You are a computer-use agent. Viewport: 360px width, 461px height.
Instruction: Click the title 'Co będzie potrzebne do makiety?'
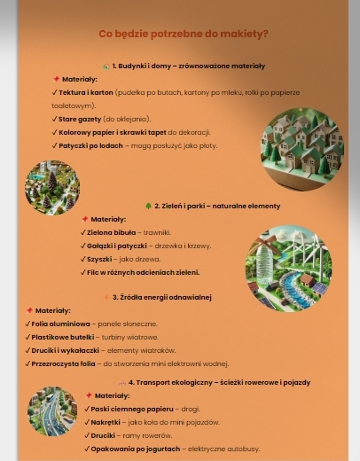(x=184, y=34)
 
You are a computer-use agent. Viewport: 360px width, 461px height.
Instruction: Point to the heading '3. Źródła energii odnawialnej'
(x=161, y=297)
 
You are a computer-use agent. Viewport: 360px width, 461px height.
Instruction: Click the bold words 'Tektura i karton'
(x=86, y=92)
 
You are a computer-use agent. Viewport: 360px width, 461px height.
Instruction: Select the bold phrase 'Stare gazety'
(x=80, y=119)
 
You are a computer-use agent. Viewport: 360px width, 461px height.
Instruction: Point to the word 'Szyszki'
(x=99, y=259)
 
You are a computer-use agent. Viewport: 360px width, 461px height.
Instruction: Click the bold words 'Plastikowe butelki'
(x=62, y=337)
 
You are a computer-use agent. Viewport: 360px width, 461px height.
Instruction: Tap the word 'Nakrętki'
(x=106, y=422)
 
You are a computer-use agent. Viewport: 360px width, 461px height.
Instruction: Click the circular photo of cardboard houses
(x=301, y=149)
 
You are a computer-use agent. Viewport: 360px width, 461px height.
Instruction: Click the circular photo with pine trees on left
(x=51, y=186)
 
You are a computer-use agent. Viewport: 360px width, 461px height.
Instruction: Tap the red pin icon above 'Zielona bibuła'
(x=85, y=219)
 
